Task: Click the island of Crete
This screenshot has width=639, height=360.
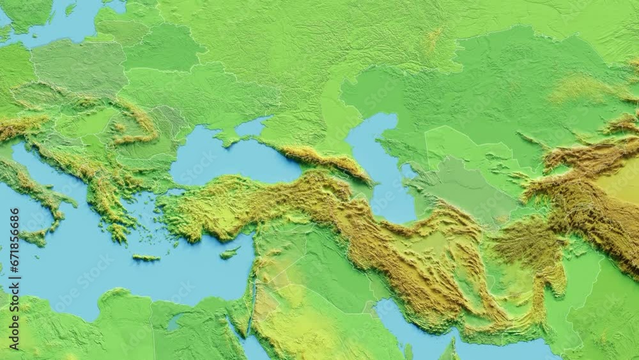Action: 146,258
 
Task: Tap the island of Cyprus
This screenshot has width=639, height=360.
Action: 229,253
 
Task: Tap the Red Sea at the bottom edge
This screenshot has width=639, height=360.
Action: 253,348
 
